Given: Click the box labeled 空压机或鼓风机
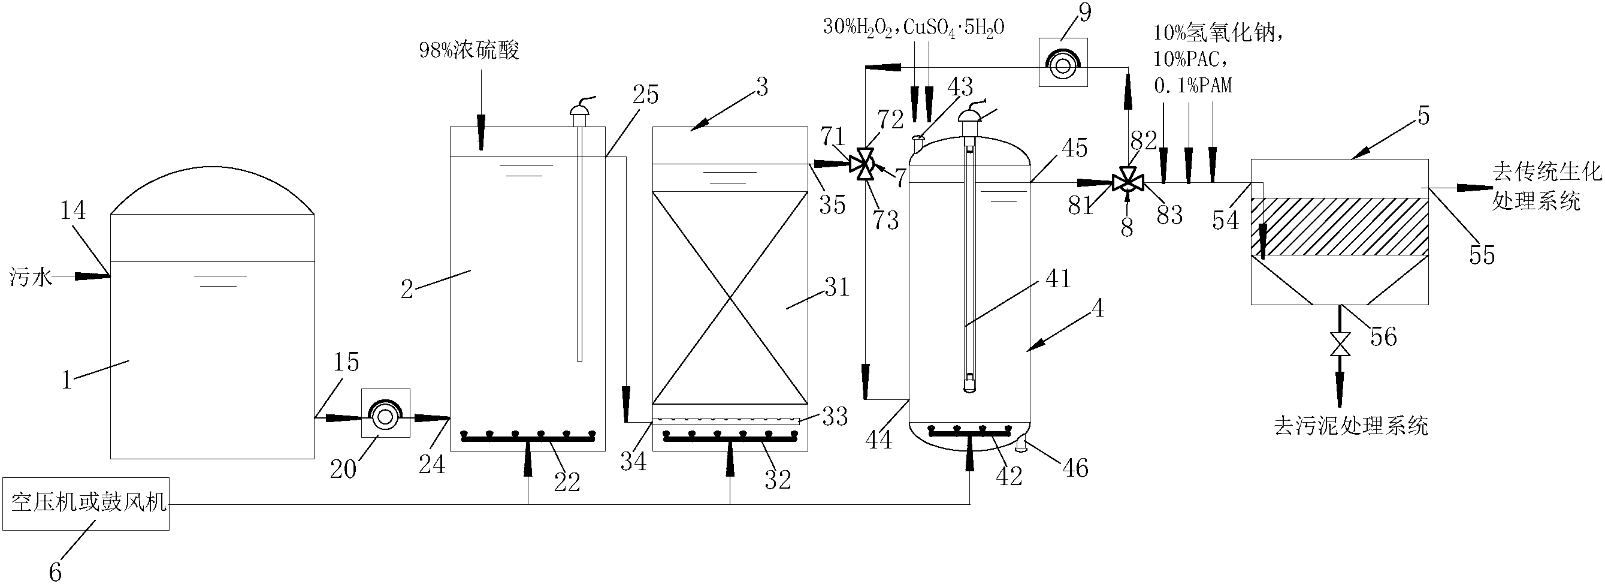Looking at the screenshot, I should [x=86, y=504].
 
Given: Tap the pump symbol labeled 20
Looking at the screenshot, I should [x=386, y=414].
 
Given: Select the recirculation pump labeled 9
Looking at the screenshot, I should [x=1063, y=62].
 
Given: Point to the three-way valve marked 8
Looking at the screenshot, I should [x=1127, y=183].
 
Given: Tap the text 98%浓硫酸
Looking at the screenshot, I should [x=468, y=50].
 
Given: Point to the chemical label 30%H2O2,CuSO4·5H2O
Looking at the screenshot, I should [x=914, y=27].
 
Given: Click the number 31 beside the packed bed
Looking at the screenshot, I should [x=837, y=287].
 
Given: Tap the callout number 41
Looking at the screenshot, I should [x=1058, y=278].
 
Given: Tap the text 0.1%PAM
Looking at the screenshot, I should [x=1193, y=85].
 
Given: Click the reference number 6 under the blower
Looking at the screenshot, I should [x=56, y=572].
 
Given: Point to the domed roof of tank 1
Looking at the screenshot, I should [x=212, y=187].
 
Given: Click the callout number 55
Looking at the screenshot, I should [x=1481, y=255].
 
